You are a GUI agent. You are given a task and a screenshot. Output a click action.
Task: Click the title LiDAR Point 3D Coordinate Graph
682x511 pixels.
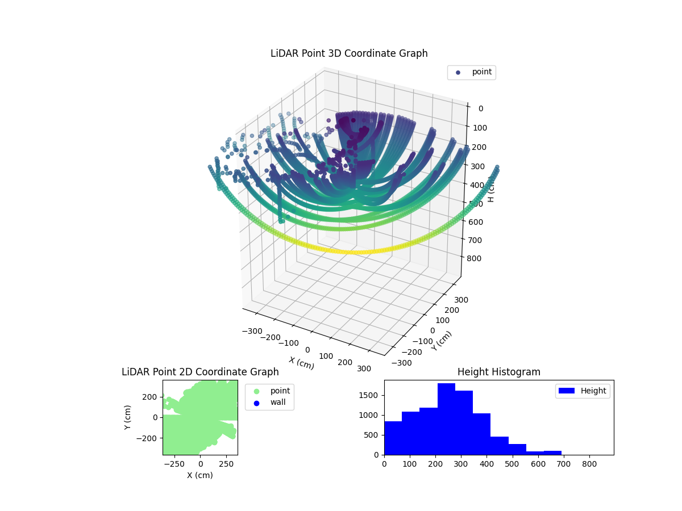point(349,53)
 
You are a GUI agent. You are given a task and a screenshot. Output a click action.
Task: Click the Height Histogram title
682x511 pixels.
point(498,372)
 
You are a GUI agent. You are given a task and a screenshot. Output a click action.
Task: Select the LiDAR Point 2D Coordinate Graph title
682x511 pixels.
point(200,372)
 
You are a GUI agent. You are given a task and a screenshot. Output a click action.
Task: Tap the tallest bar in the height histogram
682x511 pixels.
point(446,420)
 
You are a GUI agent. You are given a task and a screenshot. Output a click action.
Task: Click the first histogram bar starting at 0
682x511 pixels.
point(393,438)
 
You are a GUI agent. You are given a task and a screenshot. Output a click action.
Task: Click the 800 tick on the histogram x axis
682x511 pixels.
point(589,464)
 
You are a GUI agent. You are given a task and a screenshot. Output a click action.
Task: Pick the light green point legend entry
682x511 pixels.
point(269,391)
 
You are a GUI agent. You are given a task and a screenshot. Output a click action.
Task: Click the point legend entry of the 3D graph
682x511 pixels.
point(471,72)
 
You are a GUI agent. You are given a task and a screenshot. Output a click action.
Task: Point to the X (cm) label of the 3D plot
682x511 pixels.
point(301,363)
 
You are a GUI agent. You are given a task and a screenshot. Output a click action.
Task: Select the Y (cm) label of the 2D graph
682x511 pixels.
point(128,417)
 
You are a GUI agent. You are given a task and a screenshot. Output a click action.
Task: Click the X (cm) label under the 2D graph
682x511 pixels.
point(200,475)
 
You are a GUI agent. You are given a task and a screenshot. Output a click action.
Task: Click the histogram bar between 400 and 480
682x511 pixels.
point(499,446)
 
